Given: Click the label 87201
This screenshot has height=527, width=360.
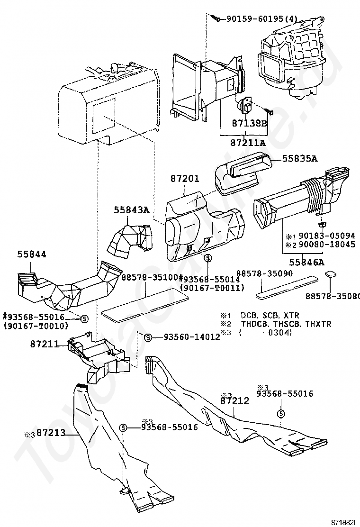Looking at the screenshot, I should (x=185, y=179).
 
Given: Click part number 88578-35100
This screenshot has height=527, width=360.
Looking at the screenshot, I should (x=149, y=277).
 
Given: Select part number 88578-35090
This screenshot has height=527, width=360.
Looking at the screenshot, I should (x=265, y=274).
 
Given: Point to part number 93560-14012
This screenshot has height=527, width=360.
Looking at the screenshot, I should (x=191, y=337).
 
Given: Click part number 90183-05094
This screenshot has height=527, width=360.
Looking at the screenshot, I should (x=327, y=236).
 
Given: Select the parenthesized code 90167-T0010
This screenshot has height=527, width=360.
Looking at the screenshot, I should (x=36, y=326).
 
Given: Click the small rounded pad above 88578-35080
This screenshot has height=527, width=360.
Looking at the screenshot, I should (x=331, y=274).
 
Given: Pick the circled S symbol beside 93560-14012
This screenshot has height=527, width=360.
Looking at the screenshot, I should (x=147, y=337).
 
